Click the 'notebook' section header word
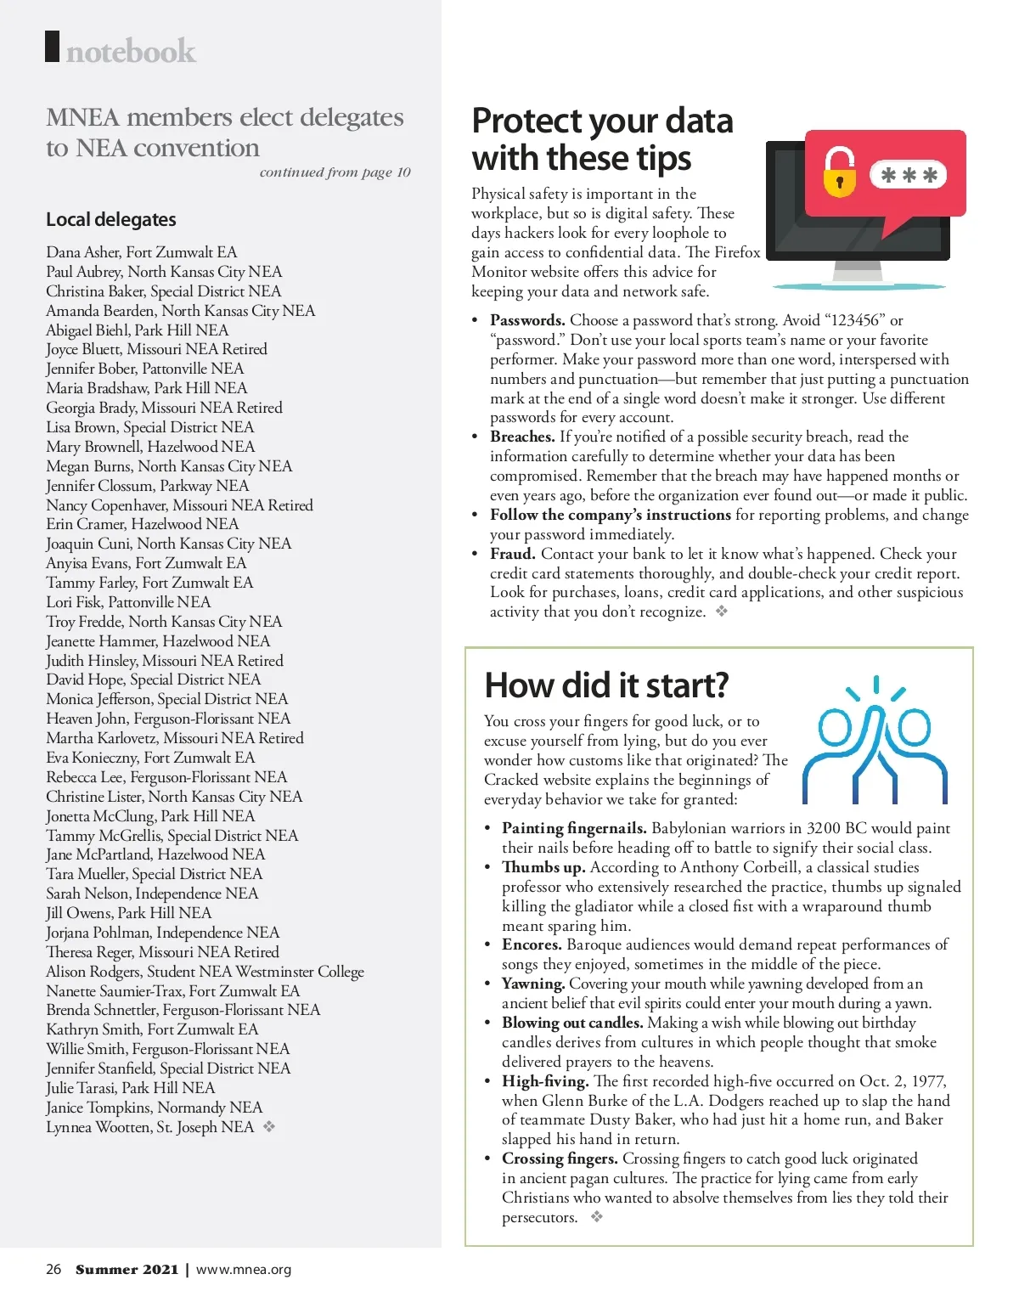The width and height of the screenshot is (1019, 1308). pyautogui.click(x=131, y=53)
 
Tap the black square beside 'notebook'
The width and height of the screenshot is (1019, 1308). pyautogui.click(x=53, y=47)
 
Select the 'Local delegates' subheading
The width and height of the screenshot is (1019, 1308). pyautogui.click(x=111, y=219)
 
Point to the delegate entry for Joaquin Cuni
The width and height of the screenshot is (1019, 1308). pyautogui.click(x=168, y=544)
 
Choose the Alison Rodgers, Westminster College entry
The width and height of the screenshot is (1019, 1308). pyautogui.click(x=205, y=972)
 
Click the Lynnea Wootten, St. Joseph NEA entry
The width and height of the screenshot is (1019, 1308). pyautogui.click(x=150, y=1127)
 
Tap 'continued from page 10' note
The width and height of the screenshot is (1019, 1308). pyautogui.click(x=335, y=172)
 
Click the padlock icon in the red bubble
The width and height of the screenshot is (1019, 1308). pyautogui.click(x=840, y=172)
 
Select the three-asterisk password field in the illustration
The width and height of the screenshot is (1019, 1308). pyautogui.click(x=909, y=175)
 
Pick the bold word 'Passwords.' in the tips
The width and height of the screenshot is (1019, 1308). pyautogui.click(x=527, y=320)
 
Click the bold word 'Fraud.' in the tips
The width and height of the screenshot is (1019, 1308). pyautogui.click(x=512, y=554)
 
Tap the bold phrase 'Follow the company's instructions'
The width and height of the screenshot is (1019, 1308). pyautogui.click(x=610, y=515)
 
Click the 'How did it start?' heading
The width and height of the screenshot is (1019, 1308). pyautogui.click(x=606, y=685)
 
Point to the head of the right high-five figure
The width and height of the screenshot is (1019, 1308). pyautogui.click(x=914, y=727)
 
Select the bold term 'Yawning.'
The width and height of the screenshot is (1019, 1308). pyautogui.click(x=533, y=984)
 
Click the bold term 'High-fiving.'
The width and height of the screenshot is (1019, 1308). pyautogui.click(x=545, y=1081)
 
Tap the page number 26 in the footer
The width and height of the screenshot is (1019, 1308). pyautogui.click(x=53, y=1270)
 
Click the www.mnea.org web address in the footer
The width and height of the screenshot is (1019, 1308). pyautogui.click(x=244, y=1270)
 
